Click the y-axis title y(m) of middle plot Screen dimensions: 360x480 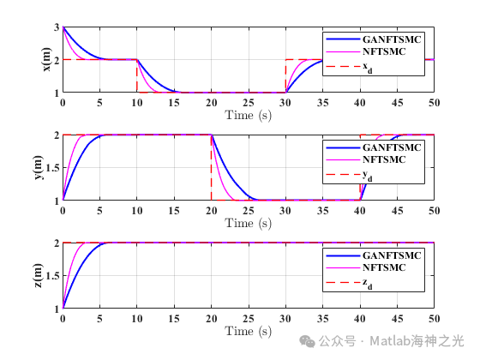(48, 168)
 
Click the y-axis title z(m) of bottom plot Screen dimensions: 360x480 (48, 275)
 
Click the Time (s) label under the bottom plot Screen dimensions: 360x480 (248, 330)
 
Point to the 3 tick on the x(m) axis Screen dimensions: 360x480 (56, 27)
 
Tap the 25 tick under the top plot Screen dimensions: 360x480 (248, 102)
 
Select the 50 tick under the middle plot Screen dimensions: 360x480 (433, 210)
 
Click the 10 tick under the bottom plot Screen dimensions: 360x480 (137, 318)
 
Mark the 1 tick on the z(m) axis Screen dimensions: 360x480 (56, 308)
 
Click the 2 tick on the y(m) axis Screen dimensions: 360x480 (56, 135)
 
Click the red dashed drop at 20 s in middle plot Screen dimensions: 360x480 (211, 167)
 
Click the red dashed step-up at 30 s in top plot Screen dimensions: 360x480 (285, 75)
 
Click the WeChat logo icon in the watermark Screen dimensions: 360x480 (306, 340)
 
